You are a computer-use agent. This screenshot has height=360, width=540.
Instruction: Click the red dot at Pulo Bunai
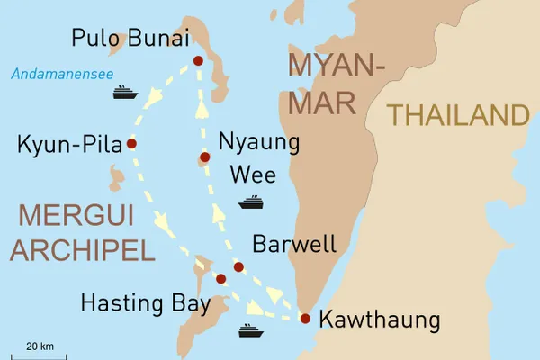point(198,61)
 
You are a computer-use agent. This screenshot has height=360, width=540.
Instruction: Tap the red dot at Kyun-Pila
point(131,143)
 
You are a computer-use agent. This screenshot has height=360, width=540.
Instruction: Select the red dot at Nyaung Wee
point(204,157)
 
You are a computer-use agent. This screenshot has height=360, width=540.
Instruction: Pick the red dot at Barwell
point(238,266)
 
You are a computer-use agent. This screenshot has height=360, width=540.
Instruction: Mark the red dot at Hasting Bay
point(220,279)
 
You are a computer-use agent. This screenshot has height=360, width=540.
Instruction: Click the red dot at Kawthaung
point(304,318)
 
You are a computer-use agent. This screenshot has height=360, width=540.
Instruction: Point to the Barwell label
point(294,244)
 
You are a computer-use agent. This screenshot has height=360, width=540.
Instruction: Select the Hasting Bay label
point(145,304)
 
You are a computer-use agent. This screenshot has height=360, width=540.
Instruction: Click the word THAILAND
point(457,115)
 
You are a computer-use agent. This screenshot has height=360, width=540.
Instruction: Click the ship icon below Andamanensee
point(124,92)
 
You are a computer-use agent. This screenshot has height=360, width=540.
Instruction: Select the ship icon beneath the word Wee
point(250,202)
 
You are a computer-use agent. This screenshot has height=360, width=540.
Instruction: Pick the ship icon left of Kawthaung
point(250,330)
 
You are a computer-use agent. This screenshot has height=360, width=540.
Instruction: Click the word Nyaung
point(259,142)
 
